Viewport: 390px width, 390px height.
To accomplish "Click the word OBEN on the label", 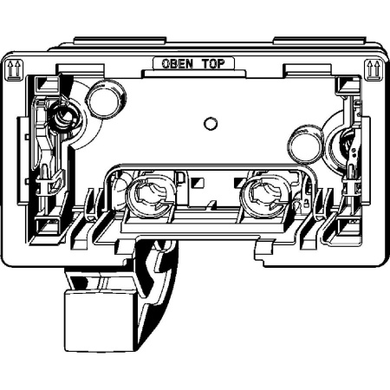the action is pos(177,64).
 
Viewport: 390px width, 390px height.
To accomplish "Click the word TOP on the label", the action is pos(213,64).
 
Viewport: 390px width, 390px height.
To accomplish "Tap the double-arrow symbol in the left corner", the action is pos(14,69).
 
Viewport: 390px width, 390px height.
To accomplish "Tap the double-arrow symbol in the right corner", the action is pos(373,69).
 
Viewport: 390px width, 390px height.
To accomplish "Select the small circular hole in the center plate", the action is pos(211,124).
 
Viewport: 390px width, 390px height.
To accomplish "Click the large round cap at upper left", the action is pos(106,99).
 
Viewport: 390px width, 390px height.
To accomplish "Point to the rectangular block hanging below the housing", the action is pos(100,321).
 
